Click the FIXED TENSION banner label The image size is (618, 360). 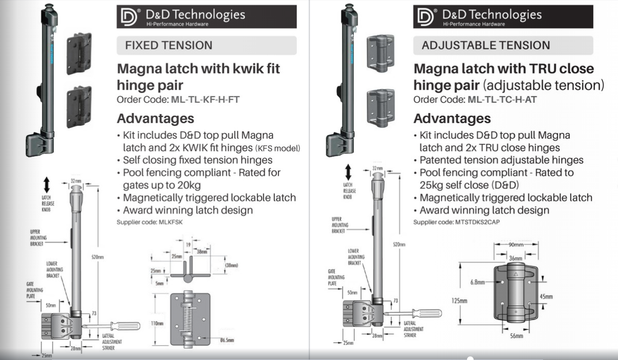point(168,45)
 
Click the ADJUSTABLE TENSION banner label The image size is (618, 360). point(486,45)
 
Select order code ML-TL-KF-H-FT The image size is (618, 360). point(205,99)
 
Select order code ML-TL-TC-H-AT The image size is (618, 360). point(502,99)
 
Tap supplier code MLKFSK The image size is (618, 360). point(171,222)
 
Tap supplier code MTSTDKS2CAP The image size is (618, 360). point(477,222)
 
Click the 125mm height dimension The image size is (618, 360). point(459,300)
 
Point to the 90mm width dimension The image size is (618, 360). point(516,244)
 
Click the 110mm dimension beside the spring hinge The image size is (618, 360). point(157,323)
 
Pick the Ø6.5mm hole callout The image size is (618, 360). point(227,340)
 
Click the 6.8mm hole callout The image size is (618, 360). point(478,282)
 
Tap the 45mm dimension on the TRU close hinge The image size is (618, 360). point(546,296)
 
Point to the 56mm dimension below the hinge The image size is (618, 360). point(516,336)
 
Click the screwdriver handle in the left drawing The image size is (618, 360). point(125,326)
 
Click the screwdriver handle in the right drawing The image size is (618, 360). point(427,313)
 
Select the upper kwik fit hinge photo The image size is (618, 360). point(79,53)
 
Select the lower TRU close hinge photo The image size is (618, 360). point(381,108)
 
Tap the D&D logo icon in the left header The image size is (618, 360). point(129,17)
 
